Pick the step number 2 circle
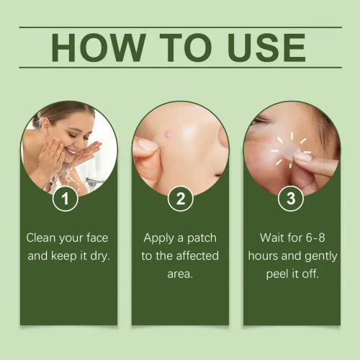(x=180, y=199)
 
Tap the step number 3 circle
(x=291, y=199)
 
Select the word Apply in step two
(x=158, y=237)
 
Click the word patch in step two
(x=201, y=237)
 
